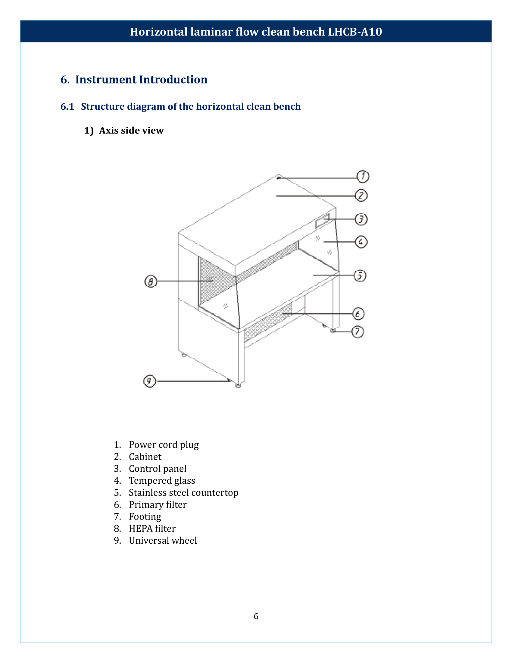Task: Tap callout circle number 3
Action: [x=361, y=219]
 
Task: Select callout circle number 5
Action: [x=360, y=276]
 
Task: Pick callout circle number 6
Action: [x=358, y=314]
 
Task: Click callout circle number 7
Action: [x=357, y=331]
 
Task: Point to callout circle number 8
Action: [x=151, y=281]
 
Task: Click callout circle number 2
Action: [x=361, y=195]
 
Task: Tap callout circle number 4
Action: [x=361, y=242]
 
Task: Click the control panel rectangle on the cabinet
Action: [x=322, y=221]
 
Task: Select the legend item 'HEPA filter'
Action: [x=152, y=529]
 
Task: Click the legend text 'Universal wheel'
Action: [x=163, y=540]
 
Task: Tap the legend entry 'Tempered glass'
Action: [x=162, y=481]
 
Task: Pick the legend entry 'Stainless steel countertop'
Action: [x=183, y=492]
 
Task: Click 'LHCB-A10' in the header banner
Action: [x=354, y=32]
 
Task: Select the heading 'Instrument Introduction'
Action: [x=141, y=80]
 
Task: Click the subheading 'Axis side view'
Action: [x=131, y=130]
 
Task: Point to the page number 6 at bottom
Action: [x=256, y=616]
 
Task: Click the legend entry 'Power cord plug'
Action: [x=164, y=445]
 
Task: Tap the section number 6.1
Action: [x=67, y=107]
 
